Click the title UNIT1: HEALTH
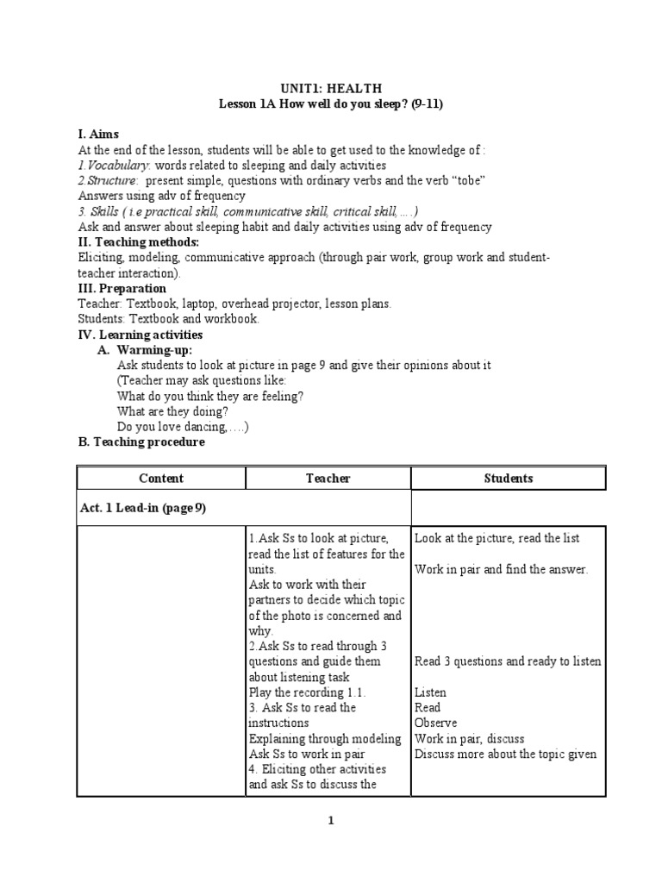332,88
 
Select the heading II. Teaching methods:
138,242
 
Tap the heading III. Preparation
122,289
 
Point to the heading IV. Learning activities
141,335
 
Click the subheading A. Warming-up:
154,350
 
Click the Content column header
161,478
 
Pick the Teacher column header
328,478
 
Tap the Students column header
509,478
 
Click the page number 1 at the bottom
331,822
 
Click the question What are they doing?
172,411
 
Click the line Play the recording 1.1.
307,692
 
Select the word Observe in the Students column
435,723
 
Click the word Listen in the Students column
430,692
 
